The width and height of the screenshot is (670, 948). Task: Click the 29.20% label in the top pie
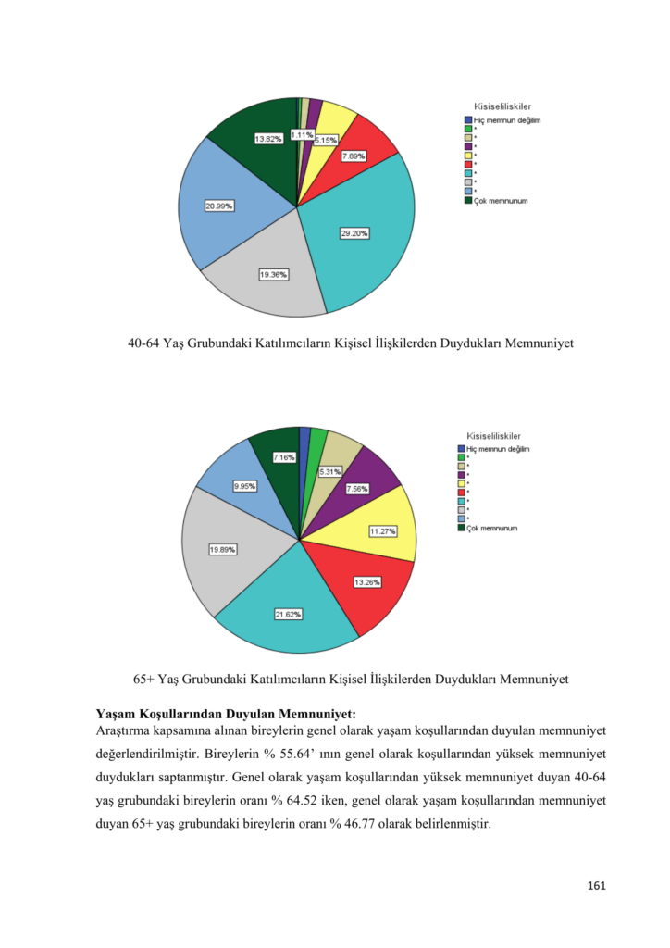[x=354, y=233]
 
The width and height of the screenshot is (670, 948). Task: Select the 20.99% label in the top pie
[x=218, y=206]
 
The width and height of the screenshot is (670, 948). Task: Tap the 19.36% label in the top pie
[x=273, y=274]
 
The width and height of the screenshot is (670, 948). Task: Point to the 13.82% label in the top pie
[x=268, y=139]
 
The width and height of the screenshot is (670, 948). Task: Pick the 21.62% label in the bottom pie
[x=288, y=614]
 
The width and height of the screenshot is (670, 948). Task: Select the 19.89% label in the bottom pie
[x=222, y=549]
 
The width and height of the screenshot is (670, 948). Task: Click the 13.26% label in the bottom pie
[x=366, y=582]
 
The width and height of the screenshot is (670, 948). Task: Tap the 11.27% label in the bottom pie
[x=382, y=531]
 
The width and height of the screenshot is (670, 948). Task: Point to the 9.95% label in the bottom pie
[x=245, y=485]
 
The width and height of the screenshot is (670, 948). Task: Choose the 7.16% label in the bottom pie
[x=284, y=457]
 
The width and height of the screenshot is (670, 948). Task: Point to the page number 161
[x=596, y=886]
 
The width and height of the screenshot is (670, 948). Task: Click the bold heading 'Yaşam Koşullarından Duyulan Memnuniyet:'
[x=226, y=713]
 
